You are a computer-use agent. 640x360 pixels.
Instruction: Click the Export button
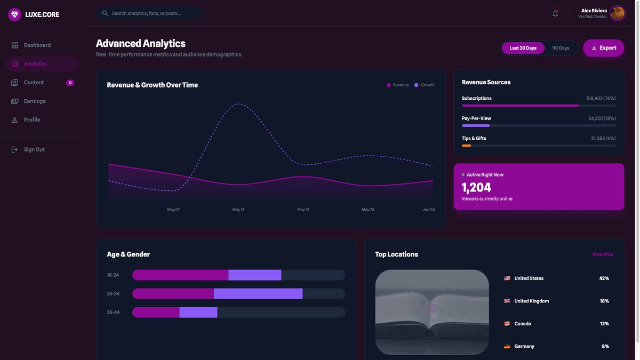coord(603,48)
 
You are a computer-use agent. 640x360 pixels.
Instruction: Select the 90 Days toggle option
coord(561,48)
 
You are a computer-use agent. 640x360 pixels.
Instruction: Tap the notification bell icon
coord(555,13)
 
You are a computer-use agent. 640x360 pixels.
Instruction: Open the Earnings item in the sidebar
coord(35,101)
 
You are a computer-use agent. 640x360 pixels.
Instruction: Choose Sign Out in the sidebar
coord(34,150)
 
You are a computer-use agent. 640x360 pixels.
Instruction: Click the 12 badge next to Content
coord(70,83)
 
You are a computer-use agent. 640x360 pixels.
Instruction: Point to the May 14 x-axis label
coord(238,210)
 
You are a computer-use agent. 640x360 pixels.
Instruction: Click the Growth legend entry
coord(425,85)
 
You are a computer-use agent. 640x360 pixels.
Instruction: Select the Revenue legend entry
coord(398,85)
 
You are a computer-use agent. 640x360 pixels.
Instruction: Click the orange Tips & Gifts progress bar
coord(467,146)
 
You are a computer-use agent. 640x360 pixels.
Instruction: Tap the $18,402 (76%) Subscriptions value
coord(601,99)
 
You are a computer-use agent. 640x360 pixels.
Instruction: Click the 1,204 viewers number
coord(476,187)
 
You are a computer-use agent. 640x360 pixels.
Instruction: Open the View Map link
coord(602,254)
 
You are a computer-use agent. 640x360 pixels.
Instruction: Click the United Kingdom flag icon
coord(507,301)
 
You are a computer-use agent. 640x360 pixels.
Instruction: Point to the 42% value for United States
coord(604,278)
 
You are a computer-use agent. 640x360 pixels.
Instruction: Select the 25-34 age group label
coord(113,294)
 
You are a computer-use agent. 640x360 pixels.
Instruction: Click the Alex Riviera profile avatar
coord(618,13)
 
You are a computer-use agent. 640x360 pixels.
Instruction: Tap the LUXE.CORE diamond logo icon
coord(14,14)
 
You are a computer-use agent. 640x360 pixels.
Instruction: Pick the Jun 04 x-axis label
coord(428,210)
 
